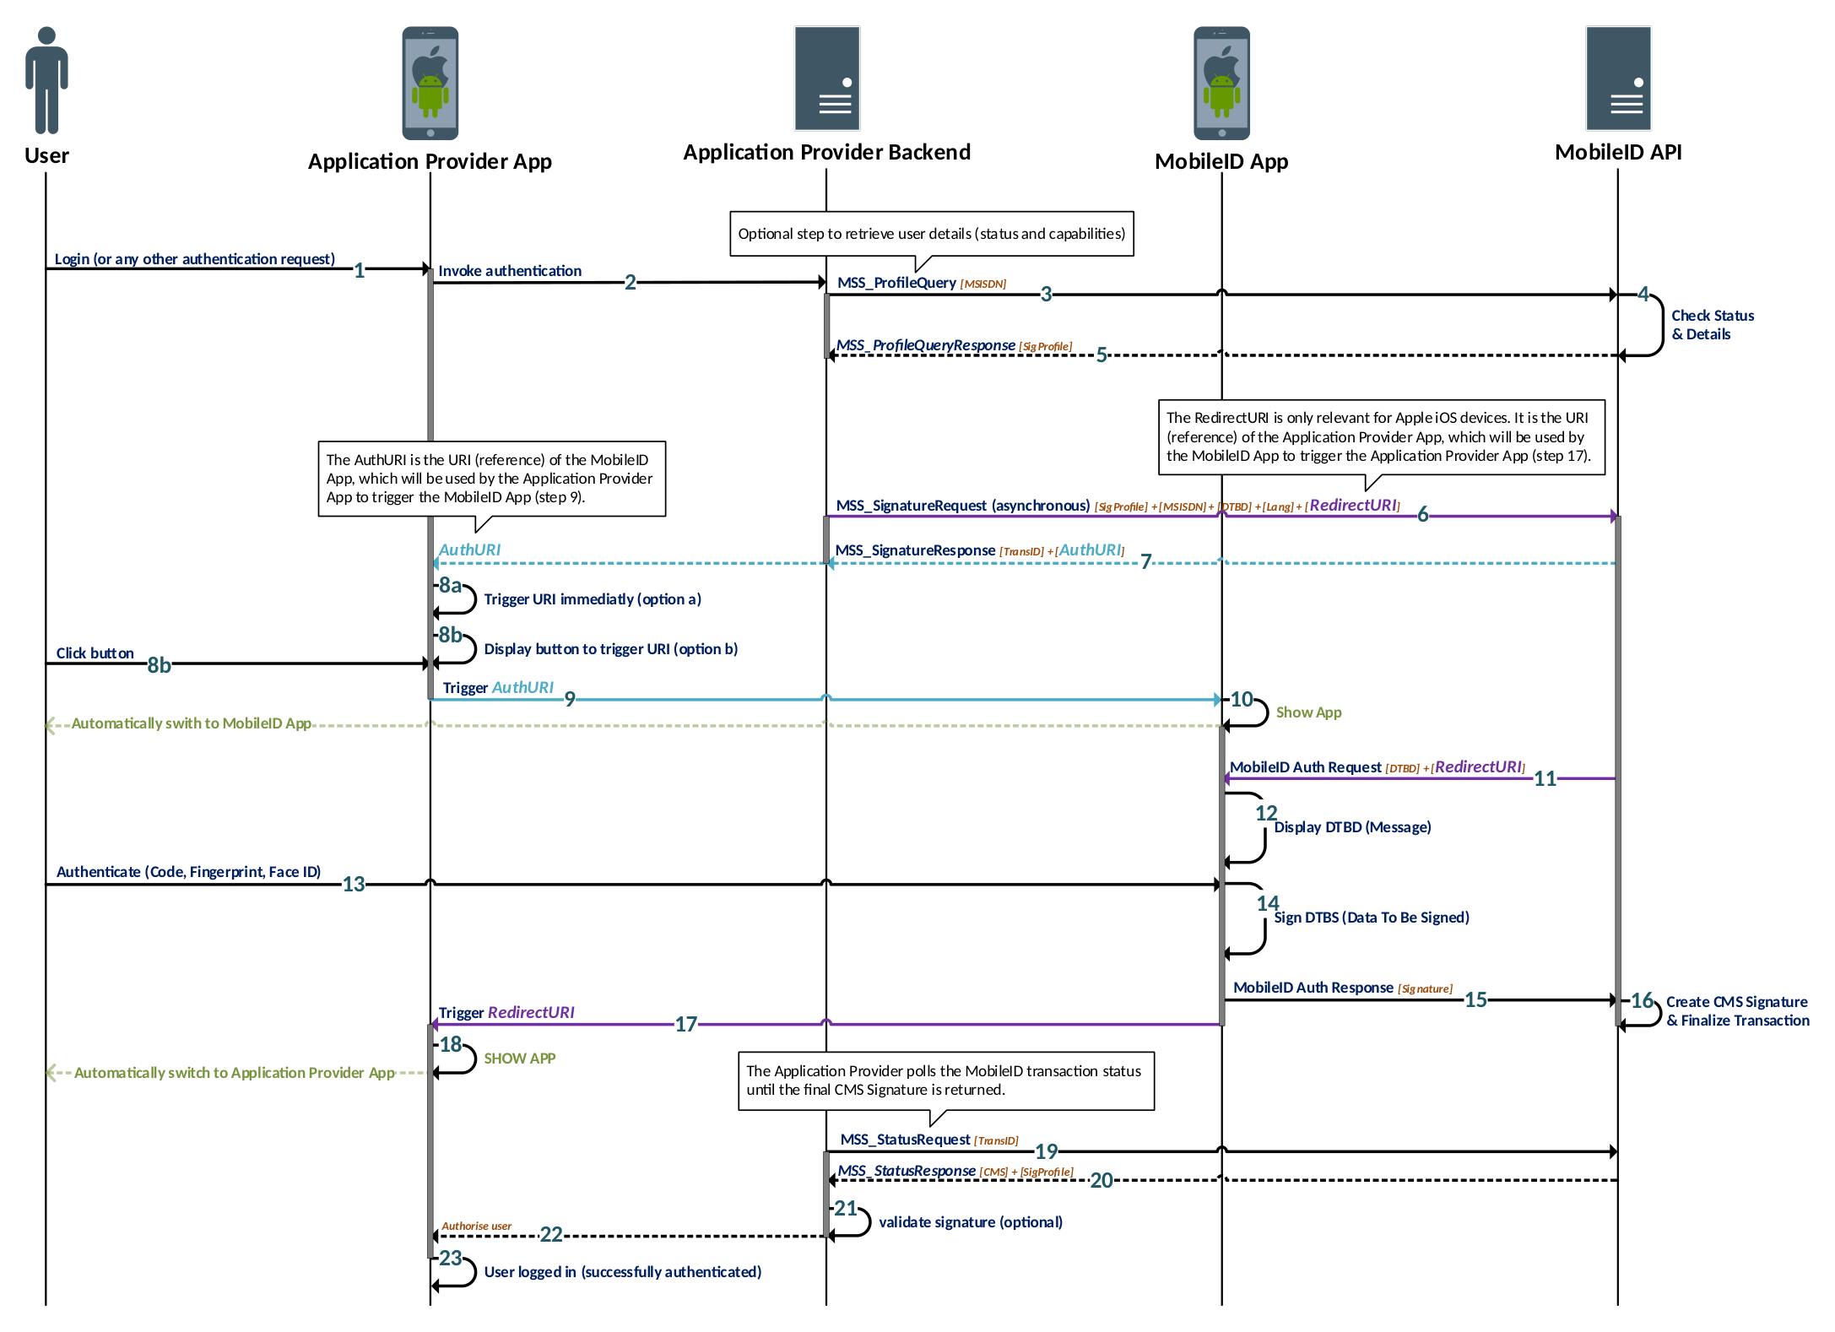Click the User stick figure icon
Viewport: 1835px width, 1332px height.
pos(46,80)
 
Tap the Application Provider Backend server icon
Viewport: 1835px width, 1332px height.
pos(826,79)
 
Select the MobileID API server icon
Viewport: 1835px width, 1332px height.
pos(1617,79)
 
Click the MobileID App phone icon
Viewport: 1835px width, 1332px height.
pos(1221,83)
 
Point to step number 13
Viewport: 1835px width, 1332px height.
pos(353,884)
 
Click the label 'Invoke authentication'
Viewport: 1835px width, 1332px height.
pos(509,271)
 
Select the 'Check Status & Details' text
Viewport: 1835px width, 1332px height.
pos(1711,325)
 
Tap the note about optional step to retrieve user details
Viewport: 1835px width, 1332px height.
pos(930,234)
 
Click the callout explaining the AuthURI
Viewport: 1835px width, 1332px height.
pos(490,479)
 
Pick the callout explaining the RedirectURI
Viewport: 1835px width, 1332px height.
pos(1379,437)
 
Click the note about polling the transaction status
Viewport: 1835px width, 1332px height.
pos(945,1080)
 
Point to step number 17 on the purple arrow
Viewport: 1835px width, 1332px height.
pos(685,1024)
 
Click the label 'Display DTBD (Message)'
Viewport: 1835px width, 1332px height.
pos(1352,827)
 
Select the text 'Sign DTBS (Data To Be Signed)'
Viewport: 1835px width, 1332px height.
pos(1371,918)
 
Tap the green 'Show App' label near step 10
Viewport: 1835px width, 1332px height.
pos(1307,712)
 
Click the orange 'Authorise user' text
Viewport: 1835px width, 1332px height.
pos(476,1226)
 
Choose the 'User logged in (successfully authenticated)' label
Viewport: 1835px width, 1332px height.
pos(622,1272)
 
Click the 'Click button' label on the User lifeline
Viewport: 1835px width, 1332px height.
pos(95,653)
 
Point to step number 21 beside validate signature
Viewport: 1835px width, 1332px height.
pos(845,1208)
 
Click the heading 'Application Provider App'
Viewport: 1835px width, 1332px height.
pos(429,161)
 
